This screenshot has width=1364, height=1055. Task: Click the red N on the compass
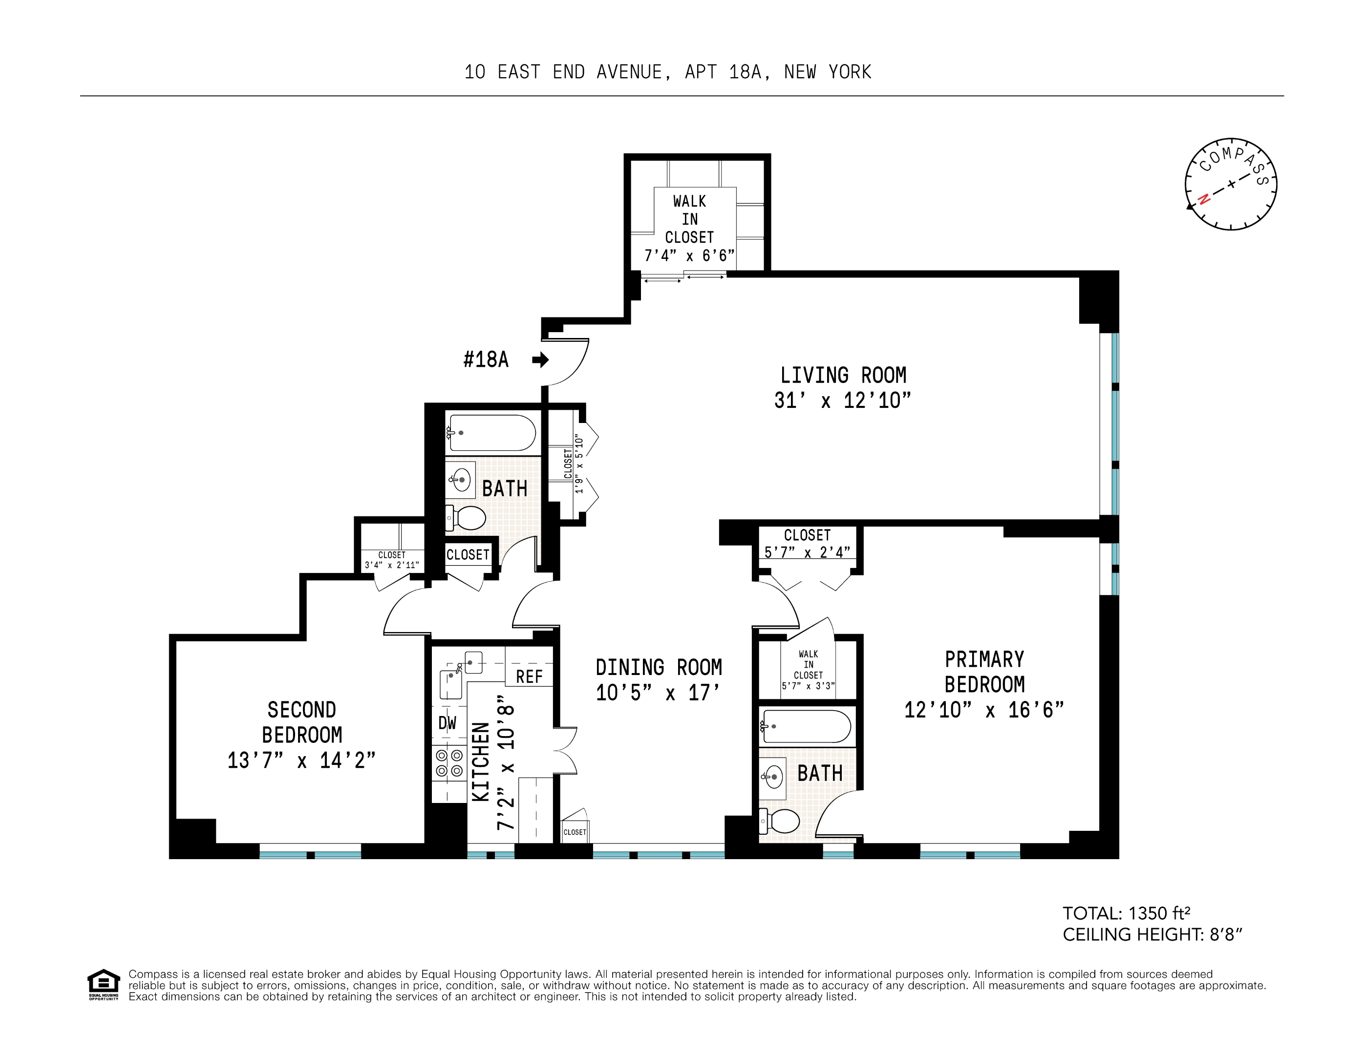point(1203,199)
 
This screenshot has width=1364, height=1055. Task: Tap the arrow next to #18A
point(540,360)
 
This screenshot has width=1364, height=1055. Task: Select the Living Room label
point(843,375)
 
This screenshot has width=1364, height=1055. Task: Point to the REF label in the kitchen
point(529,676)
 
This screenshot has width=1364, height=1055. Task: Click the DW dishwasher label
point(447,723)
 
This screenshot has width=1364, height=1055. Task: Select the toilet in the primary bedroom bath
point(779,821)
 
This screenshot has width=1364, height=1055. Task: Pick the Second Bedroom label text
point(301,722)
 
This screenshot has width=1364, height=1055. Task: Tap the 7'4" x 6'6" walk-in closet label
point(689,255)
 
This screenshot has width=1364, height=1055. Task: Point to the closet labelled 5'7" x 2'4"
point(807,544)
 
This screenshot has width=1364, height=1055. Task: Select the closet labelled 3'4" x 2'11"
point(392,560)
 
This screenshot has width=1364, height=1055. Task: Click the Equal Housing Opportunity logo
point(103,985)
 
